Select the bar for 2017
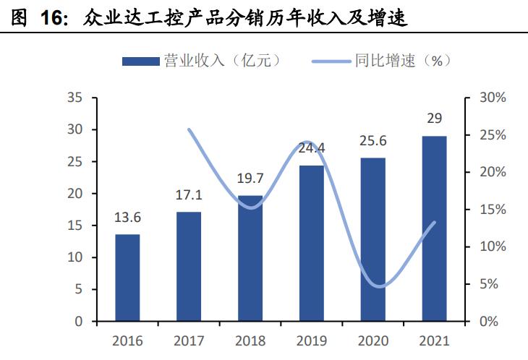click(189, 266)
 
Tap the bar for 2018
click(250, 258)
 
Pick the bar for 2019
click(312, 243)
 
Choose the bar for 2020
click(373, 239)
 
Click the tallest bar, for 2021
click(435, 228)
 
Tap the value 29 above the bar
click(435, 119)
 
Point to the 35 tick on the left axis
click(74, 98)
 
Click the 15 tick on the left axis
click(74, 226)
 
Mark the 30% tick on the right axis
click(480, 98)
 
